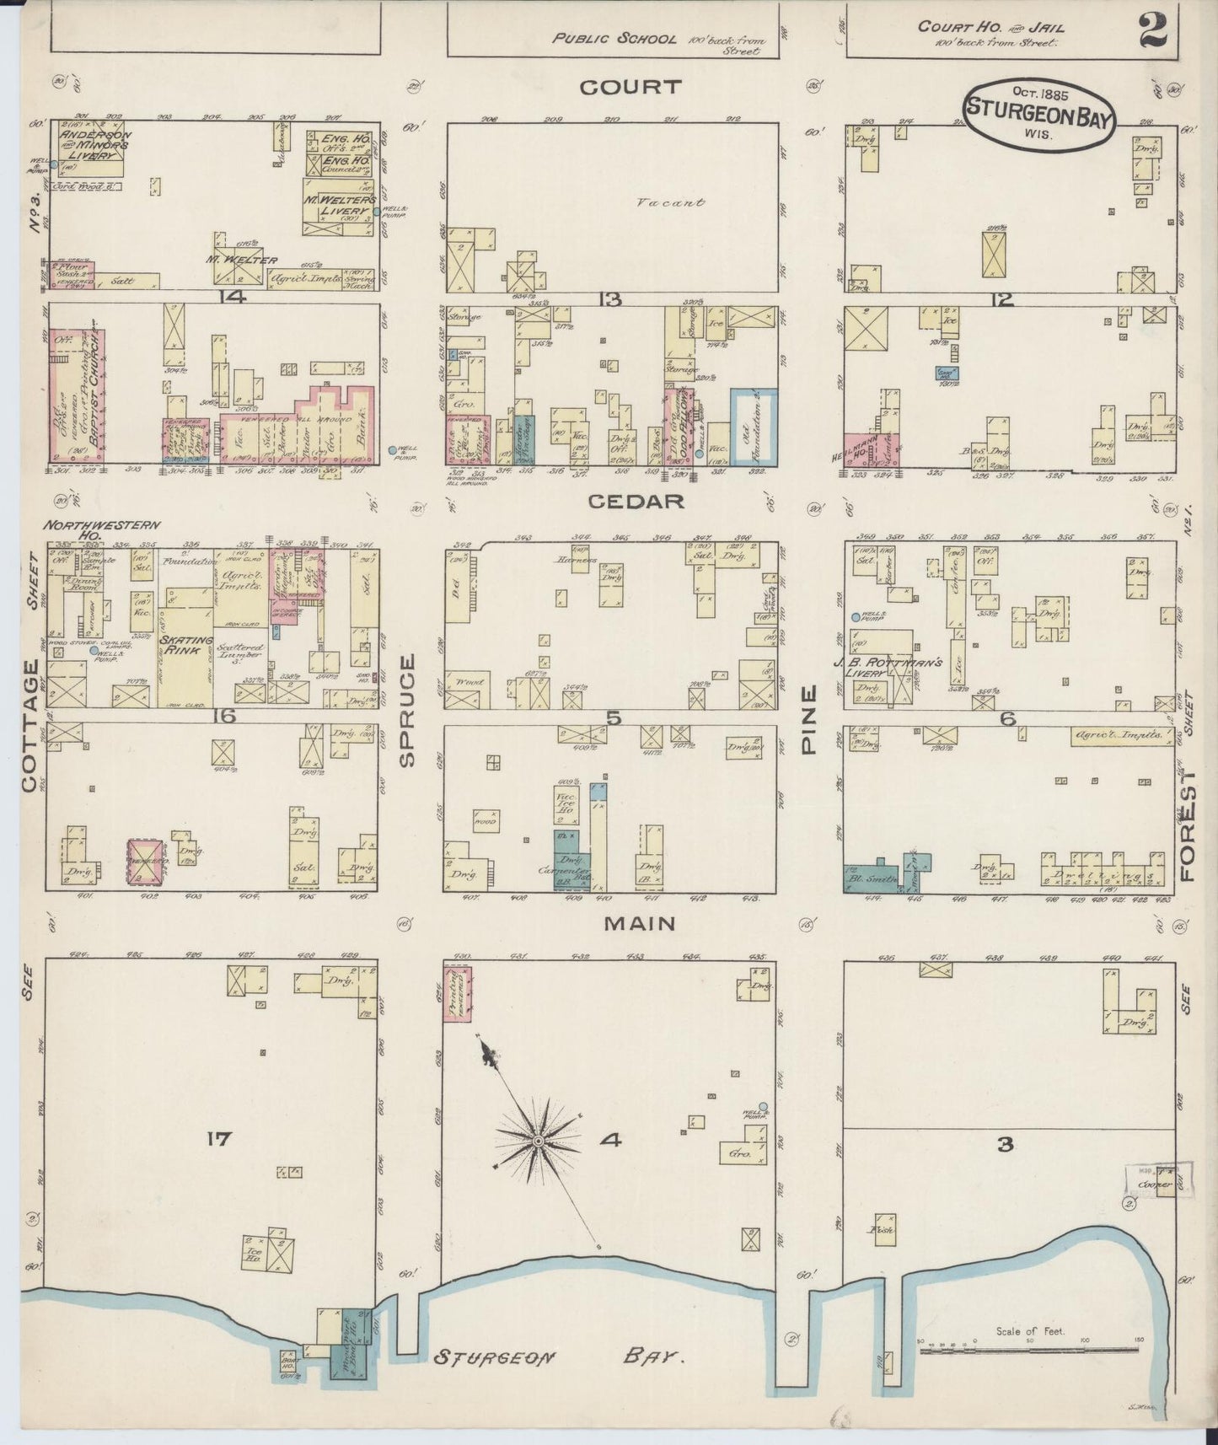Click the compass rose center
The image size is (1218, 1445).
pyautogui.click(x=537, y=1141)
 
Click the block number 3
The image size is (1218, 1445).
pyautogui.click(x=1005, y=1144)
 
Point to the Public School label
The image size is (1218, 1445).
pyautogui.click(x=614, y=39)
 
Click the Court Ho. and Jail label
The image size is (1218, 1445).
pyautogui.click(x=990, y=33)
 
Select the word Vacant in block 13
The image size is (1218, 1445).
pyautogui.click(x=682, y=202)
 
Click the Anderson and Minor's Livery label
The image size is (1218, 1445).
pyautogui.click(x=94, y=144)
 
